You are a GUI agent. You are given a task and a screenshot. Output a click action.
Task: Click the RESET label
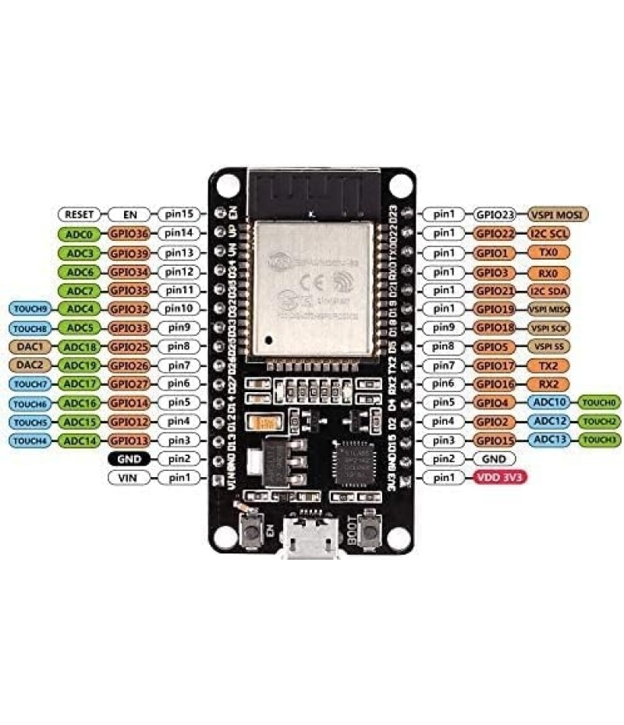[80, 214]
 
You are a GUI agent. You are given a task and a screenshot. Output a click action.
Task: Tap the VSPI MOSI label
[558, 214]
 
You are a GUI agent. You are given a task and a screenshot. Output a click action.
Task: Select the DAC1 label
[30, 345]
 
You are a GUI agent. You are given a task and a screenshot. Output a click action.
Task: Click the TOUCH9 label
[30, 308]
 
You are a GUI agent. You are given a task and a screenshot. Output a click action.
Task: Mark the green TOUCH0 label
[600, 402]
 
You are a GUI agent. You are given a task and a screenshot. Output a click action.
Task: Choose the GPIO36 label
[130, 233]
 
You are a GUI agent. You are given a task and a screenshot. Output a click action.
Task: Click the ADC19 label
[80, 364]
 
